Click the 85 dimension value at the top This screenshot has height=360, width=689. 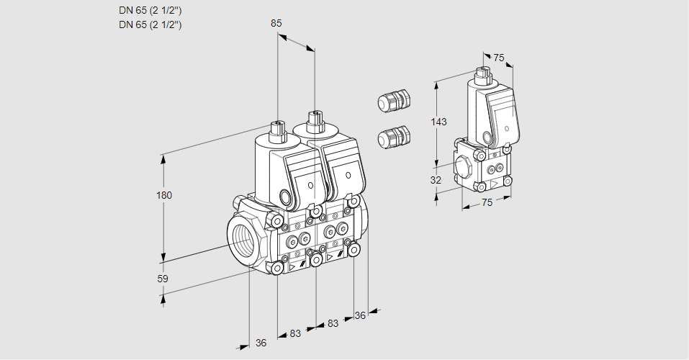pyautogui.click(x=276, y=23)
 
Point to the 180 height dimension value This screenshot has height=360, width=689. pyautogui.click(x=165, y=195)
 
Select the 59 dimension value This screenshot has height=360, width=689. pyautogui.click(x=163, y=279)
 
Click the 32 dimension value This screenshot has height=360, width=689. pyautogui.click(x=436, y=180)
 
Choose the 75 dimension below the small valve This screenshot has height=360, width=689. pyautogui.click(x=487, y=202)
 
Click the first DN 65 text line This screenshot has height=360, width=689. pyautogui.click(x=150, y=11)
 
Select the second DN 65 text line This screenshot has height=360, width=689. pyautogui.click(x=150, y=24)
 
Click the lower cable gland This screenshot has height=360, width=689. pyautogui.click(x=394, y=136)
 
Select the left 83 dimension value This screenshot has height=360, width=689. pyautogui.click(x=295, y=333)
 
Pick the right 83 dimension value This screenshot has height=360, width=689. pyautogui.click(x=333, y=323)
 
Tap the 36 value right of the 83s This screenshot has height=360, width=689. pyautogui.click(x=360, y=315)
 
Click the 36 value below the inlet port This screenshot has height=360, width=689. pyautogui.click(x=261, y=343)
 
